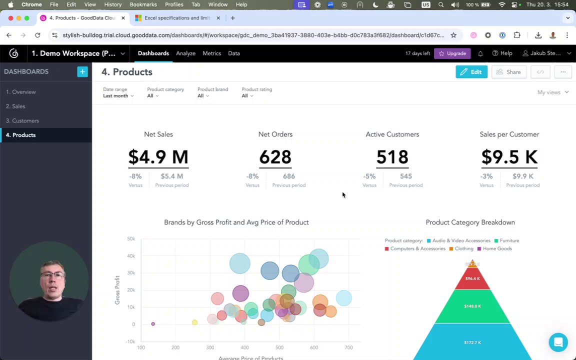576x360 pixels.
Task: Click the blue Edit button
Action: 471,72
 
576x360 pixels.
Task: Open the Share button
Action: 508,72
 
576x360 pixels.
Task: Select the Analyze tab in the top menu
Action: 185,53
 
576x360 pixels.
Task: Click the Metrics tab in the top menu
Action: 211,53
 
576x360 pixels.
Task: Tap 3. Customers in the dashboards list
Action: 22,121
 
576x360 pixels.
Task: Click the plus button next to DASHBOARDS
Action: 82,72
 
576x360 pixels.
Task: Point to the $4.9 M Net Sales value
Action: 158,157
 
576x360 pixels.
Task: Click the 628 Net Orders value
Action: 275,157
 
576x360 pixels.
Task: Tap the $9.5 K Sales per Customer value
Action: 509,157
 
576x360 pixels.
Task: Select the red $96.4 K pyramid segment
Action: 472,279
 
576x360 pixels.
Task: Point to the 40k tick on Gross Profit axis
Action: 130,256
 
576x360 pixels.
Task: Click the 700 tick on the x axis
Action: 348,347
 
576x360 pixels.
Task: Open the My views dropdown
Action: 552,92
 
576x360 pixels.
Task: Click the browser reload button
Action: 37,35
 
